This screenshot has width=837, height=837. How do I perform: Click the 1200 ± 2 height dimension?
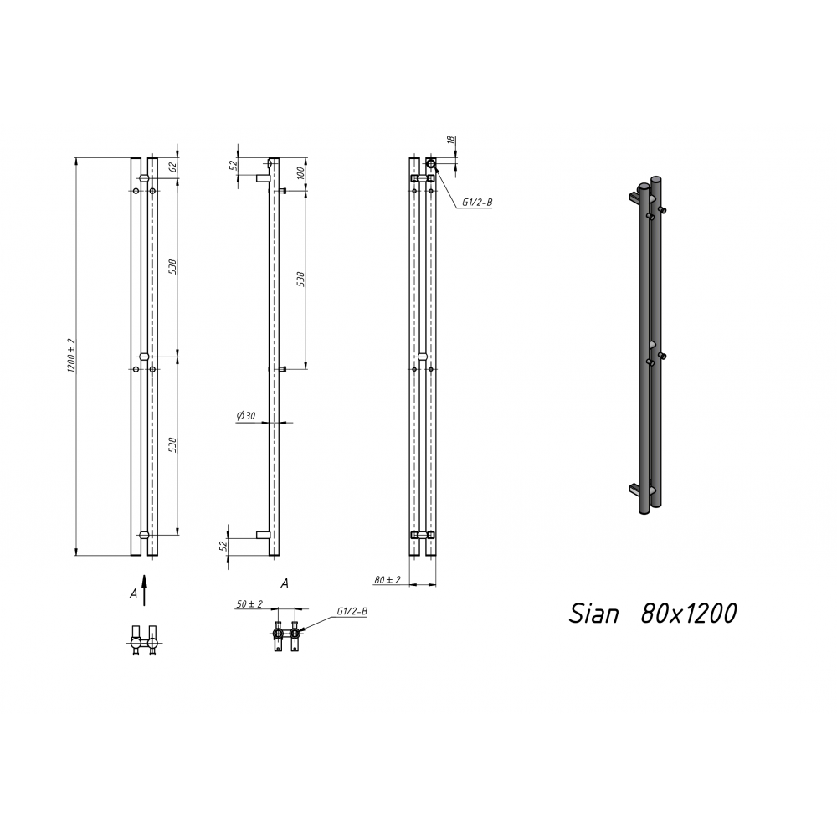pos(71,355)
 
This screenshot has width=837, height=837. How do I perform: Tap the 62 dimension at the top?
pos(172,166)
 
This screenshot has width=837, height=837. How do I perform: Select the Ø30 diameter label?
pos(246,415)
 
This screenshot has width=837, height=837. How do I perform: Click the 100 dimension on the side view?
pos(300,173)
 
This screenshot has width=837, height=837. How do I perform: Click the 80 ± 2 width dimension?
pos(387,579)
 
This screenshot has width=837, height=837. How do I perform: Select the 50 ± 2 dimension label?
pos(249,603)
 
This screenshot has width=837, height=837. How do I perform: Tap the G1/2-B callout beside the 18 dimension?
pos(477,203)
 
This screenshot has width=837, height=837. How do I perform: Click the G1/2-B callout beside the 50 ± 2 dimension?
pos(352,611)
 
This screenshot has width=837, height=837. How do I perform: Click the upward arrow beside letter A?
pos(144,590)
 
